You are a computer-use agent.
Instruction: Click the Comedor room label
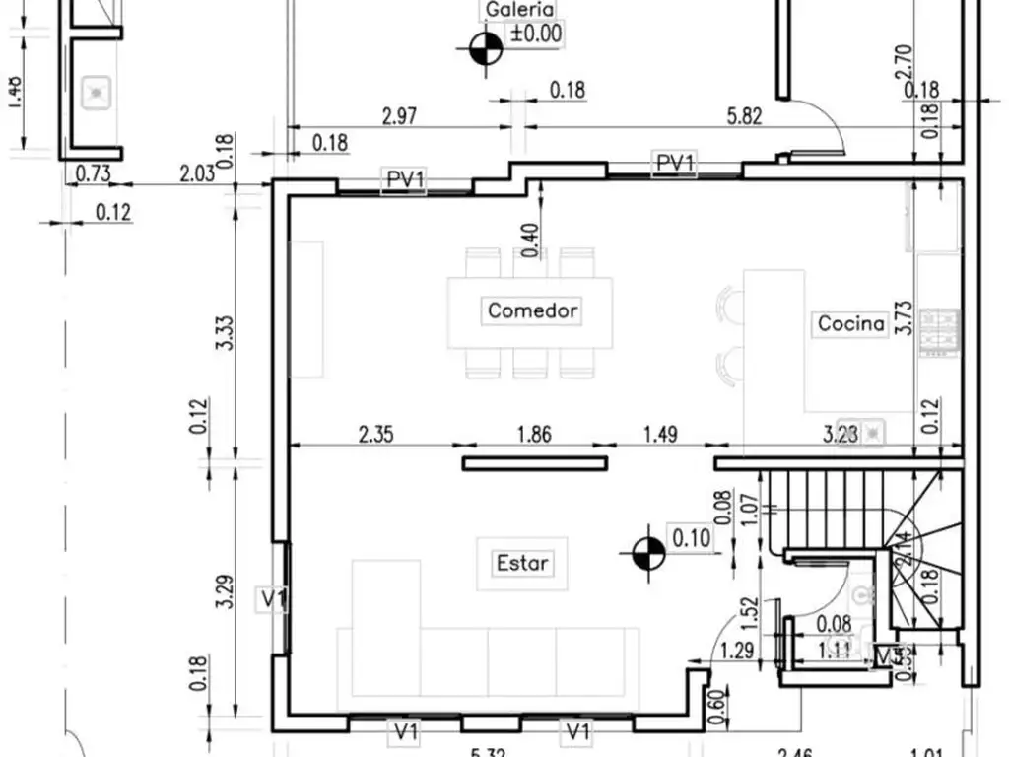click(x=533, y=310)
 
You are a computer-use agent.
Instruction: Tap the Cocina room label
click(x=851, y=323)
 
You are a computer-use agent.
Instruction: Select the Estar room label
click(x=522, y=563)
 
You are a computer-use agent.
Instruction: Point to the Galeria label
click(x=519, y=10)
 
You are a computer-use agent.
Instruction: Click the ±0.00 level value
click(x=536, y=34)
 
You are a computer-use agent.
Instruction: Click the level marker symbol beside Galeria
click(x=483, y=48)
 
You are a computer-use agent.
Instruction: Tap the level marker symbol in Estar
click(x=647, y=554)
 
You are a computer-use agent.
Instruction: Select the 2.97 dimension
click(x=399, y=116)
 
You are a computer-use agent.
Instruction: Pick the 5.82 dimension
click(x=744, y=116)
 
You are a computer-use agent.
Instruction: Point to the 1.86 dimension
click(x=533, y=433)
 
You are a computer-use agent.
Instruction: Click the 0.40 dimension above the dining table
click(x=531, y=241)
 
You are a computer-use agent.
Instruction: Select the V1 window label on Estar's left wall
click(x=273, y=598)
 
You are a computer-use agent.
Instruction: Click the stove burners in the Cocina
click(x=938, y=331)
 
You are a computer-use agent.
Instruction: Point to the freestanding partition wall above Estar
click(x=534, y=463)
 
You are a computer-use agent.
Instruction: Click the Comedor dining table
click(x=530, y=312)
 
